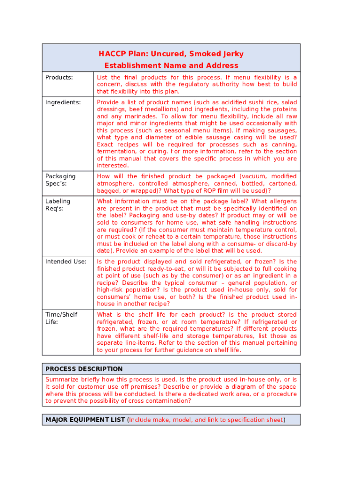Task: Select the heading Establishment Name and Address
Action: click(171, 65)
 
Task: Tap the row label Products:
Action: click(59, 77)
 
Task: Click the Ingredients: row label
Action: click(63, 102)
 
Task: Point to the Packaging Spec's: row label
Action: click(60, 180)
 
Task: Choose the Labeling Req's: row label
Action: click(58, 205)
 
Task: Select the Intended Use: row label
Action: click(65, 261)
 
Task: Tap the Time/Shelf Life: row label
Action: click(61, 318)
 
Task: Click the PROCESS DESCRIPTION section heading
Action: click(84, 369)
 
